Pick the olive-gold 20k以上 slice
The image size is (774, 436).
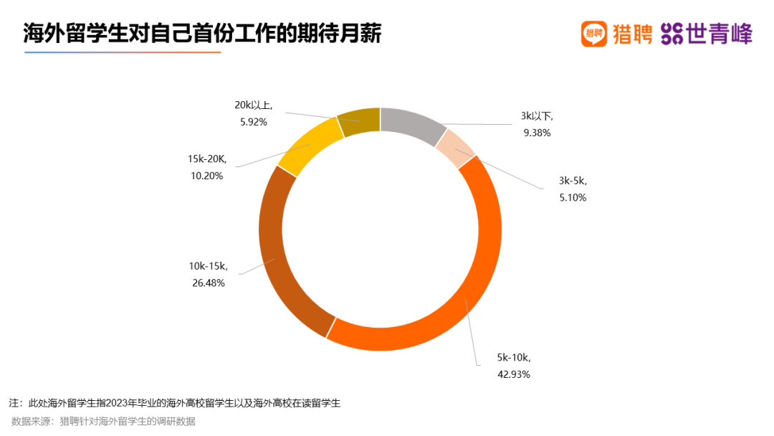358,121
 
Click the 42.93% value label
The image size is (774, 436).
514,374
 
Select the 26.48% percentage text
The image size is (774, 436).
208,283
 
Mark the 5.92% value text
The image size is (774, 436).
253,122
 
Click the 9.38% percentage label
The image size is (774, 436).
536,132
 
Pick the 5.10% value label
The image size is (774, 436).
572,197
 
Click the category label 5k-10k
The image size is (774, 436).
513,357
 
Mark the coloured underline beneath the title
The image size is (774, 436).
122,52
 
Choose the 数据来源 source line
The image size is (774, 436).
103,421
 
